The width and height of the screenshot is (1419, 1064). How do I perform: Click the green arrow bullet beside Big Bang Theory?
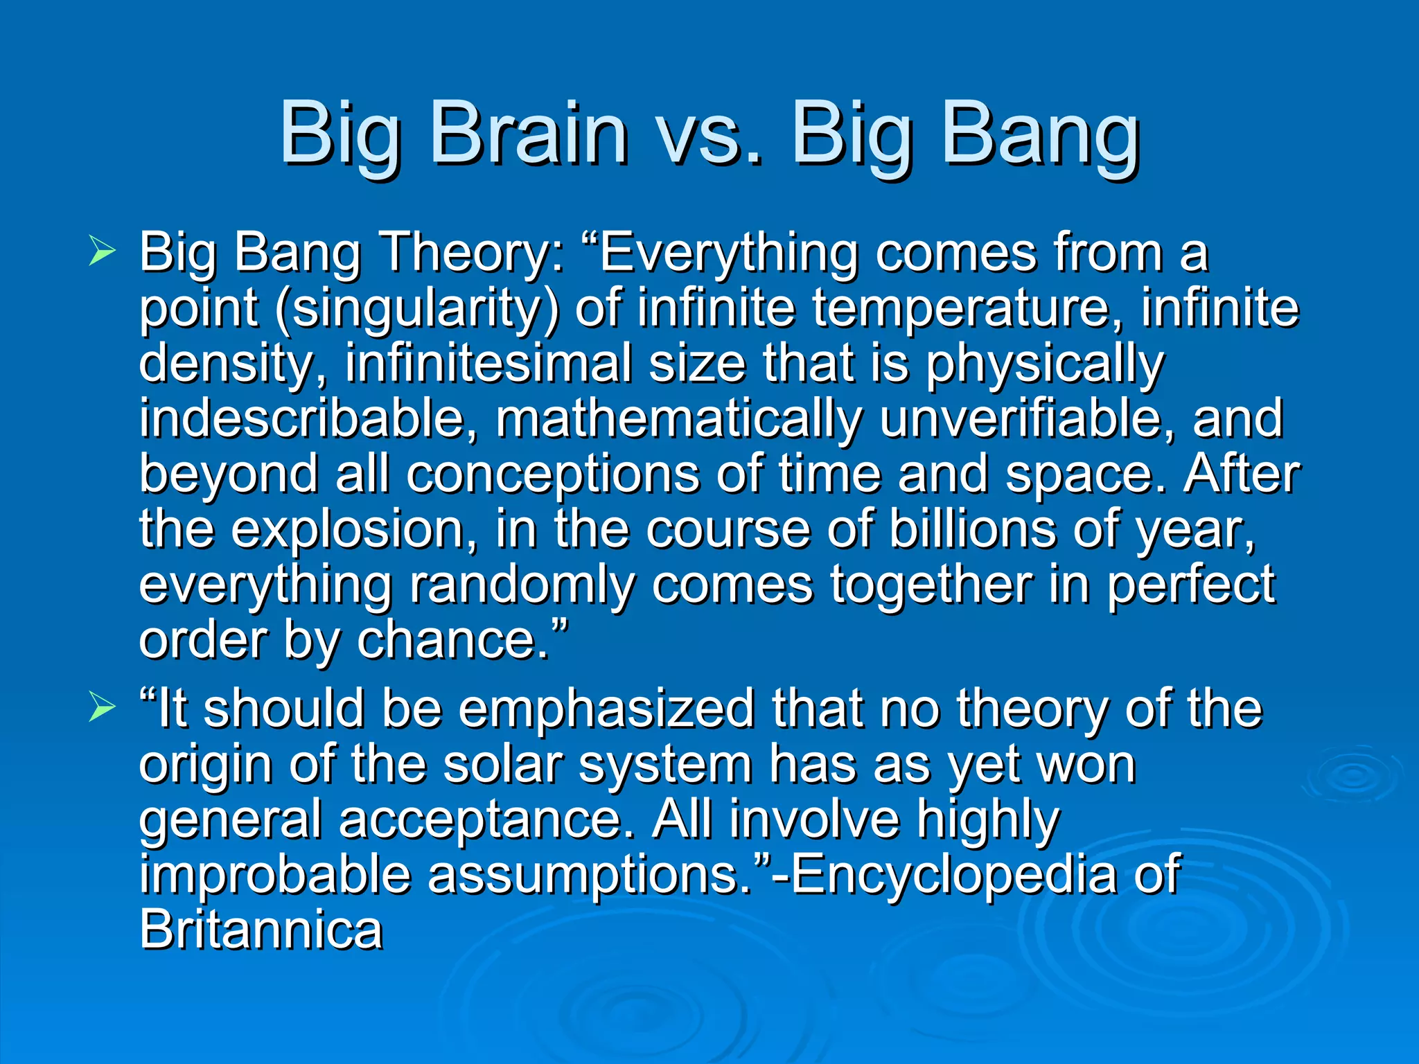(102, 251)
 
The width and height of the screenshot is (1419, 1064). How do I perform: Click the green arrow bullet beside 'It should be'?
(102, 708)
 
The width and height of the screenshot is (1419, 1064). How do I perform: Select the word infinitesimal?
(488, 363)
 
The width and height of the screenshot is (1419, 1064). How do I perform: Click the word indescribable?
(308, 418)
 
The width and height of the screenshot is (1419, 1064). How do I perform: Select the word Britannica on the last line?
(261, 930)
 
